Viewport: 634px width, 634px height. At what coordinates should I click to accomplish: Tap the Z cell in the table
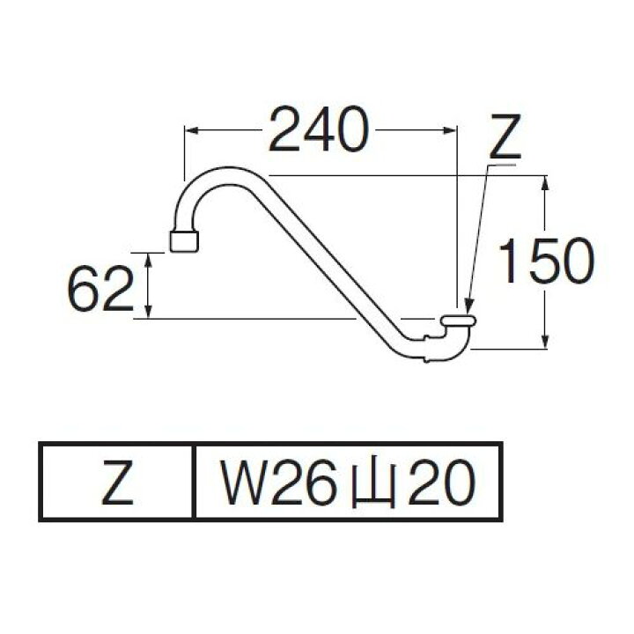(117, 482)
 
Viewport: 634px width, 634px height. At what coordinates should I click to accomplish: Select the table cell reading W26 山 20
(346, 482)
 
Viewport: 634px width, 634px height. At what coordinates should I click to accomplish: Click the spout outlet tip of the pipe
(183, 240)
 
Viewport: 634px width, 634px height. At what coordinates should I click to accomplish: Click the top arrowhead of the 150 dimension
(547, 183)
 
